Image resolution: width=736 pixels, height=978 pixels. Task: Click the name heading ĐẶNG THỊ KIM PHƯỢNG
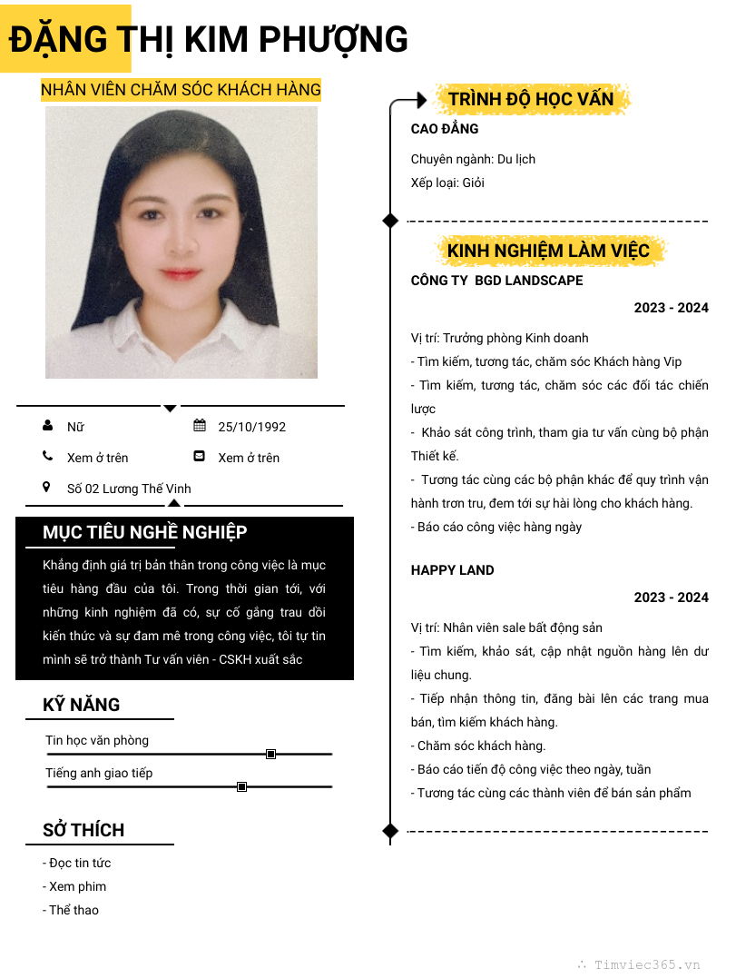(209, 40)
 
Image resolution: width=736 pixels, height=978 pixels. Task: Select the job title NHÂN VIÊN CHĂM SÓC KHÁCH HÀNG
(181, 89)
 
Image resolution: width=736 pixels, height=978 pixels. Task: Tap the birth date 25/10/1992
(251, 427)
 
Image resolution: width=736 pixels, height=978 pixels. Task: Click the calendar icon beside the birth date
(200, 426)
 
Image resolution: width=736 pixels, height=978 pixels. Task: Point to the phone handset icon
(47, 457)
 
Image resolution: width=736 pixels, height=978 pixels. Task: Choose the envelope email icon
(200, 457)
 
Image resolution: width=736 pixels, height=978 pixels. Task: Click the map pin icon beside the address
(47, 488)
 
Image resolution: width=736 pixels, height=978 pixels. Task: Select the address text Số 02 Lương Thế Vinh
(129, 489)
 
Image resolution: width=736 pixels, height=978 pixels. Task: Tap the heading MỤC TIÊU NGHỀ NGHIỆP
(145, 532)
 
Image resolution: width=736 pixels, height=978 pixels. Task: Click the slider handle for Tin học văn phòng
(270, 754)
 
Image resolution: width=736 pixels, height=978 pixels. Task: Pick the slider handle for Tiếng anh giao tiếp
(241, 786)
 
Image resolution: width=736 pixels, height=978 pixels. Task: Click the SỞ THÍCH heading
(83, 830)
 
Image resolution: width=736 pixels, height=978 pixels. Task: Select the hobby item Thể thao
(74, 910)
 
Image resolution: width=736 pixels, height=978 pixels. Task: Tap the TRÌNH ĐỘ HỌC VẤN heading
(531, 99)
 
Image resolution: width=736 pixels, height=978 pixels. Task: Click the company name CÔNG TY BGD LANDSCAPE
(496, 281)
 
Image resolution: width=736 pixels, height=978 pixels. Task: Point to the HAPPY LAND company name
(452, 570)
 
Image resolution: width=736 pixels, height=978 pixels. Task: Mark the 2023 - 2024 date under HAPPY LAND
(671, 598)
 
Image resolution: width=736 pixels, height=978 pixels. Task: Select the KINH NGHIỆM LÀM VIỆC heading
(548, 251)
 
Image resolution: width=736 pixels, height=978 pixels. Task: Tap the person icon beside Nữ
(47, 426)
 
